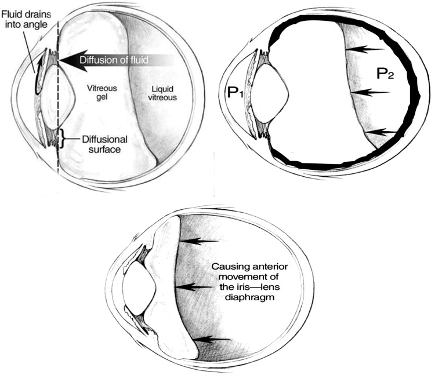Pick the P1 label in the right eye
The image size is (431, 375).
tap(234, 92)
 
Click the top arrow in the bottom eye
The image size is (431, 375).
tap(198, 239)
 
